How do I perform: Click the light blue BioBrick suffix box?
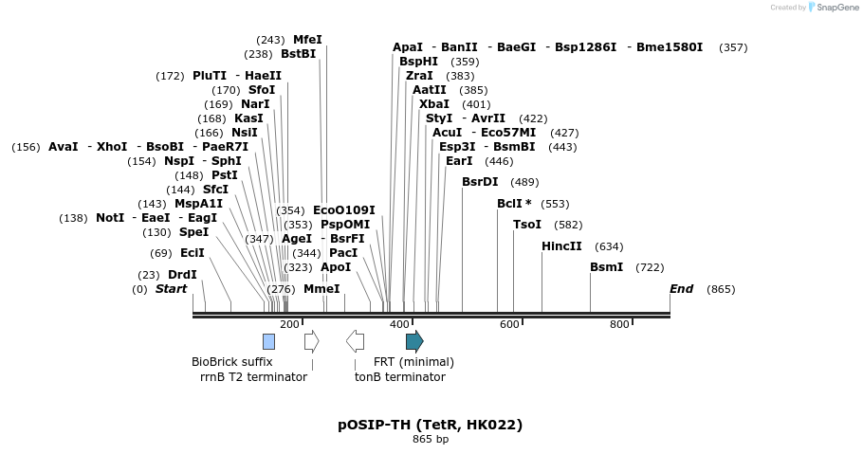pyautogui.click(x=268, y=341)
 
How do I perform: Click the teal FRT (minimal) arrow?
pyautogui.click(x=414, y=341)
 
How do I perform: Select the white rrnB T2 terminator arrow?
pyautogui.click(x=311, y=341)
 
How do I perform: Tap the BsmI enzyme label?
pyautogui.click(x=606, y=267)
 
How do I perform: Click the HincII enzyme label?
pyautogui.click(x=561, y=246)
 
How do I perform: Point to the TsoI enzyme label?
pyautogui.click(x=527, y=225)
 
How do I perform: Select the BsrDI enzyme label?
pyautogui.click(x=480, y=182)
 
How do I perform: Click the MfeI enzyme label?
pyautogui.click(x=307, y=40)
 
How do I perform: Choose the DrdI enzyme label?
pyautogui.click(x=182, y=275)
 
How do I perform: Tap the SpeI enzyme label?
pyautogui.click(x=193, y=232)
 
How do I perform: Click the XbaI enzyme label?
pyautogui.click(x=433, y=104)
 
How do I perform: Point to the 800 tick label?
pyautogui.click(x=619, y=325)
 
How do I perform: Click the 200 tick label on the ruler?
pyautogui.click(x=289, y=325)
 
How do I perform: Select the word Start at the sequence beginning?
pyautogui.click(x=171, y=289)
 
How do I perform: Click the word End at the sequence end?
pyautogui.click(x=681, y=289)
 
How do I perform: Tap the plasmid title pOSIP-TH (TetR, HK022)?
pyautogui.click(x=430, y=425)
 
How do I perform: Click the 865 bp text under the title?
pyautogui.click(x=430, y=440)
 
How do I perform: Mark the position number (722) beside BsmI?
pyautogui.click(x=650, y=268)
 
